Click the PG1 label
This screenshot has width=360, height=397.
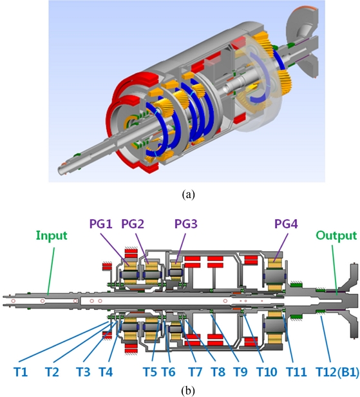101,224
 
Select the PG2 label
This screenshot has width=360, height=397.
133,224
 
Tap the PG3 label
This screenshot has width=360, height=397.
186,224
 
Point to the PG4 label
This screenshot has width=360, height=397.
286,224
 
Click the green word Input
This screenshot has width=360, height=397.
52,236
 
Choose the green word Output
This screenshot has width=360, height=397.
336,236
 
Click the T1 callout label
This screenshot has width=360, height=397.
21,373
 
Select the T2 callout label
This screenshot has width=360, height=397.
52,373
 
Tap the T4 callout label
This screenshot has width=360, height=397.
106,373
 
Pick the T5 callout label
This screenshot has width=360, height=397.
150,373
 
